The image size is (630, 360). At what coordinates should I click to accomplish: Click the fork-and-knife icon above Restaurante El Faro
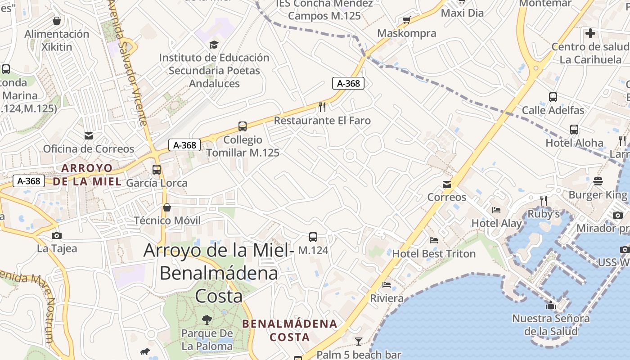pyautogui.click(x=322, y=107)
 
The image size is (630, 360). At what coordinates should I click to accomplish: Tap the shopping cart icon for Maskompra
pyautogui.click(x=407, y=20)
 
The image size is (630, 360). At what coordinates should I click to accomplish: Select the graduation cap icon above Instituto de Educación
pyautogui.click(x=214, y=45)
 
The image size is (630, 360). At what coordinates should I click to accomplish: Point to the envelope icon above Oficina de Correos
pyautogui.click(x=88, y=135)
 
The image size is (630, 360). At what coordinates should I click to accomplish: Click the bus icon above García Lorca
pyautogui.click(x=157, y=170)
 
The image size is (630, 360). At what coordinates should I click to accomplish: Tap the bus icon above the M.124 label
pyautogui.click(x=313, y=237)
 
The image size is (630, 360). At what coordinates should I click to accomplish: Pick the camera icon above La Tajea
pyautogui.click(x=57, y=235)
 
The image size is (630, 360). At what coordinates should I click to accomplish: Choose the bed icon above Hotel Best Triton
pyautogui.click(x=434, y=240)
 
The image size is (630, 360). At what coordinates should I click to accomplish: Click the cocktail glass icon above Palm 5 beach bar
pyautogui.click(x=358, y=341)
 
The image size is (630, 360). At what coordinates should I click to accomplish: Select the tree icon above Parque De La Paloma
pyautogui.click(x=207, y=320)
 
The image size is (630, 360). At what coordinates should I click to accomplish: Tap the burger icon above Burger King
pyautogui.click(x=598, y=181)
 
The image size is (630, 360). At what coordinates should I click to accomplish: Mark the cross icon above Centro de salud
pyautogui.click(x=590, y=33)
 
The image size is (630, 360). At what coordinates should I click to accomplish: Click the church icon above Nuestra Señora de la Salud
pyautogui.click(x=551, y=306)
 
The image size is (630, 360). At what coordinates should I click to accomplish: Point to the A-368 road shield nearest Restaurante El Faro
pyautogui.click(x=348, y=83)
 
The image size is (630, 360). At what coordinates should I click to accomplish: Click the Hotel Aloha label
pyautogui.click(x=574, y=143)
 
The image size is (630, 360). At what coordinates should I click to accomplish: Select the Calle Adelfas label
pyautogui.click(x=553, y=110)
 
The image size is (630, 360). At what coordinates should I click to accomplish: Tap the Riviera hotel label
pyautogui.click(x=387, y=298)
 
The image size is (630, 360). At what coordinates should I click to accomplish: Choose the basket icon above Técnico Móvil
pyautogui.click(x=167, y=207)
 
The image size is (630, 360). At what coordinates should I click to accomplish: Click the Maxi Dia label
pyautogui.click(x=462, y=13)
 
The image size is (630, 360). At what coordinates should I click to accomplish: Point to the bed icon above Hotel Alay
pyautogui.click(x=496, y=210)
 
